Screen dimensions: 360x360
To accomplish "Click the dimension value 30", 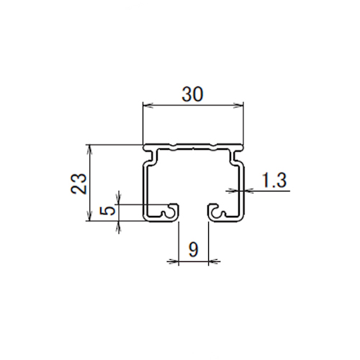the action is (x=192, y=94).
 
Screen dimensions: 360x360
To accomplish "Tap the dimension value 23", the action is (x=78, y=184).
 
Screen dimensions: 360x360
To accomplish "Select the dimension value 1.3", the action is (x=274, y=180).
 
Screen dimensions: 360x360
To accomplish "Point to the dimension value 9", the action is (x=194, y=249).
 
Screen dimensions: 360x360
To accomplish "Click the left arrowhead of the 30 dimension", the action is (x=148, y=105).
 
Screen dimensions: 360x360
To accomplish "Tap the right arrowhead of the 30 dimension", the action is (x=238, y=105).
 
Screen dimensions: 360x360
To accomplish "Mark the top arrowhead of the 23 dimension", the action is (x=90, y=149).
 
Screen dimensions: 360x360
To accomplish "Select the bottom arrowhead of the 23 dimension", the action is (x=90, y=216).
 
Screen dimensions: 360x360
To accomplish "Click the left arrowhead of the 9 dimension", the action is (x=174, y=261).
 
